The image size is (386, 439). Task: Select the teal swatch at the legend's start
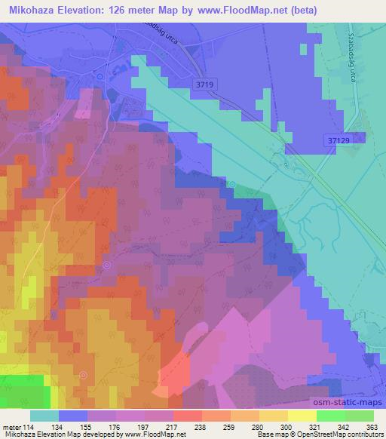click(44, 416)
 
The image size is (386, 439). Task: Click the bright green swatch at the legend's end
click(359, 416)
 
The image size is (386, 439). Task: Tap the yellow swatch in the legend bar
click(302, 416)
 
